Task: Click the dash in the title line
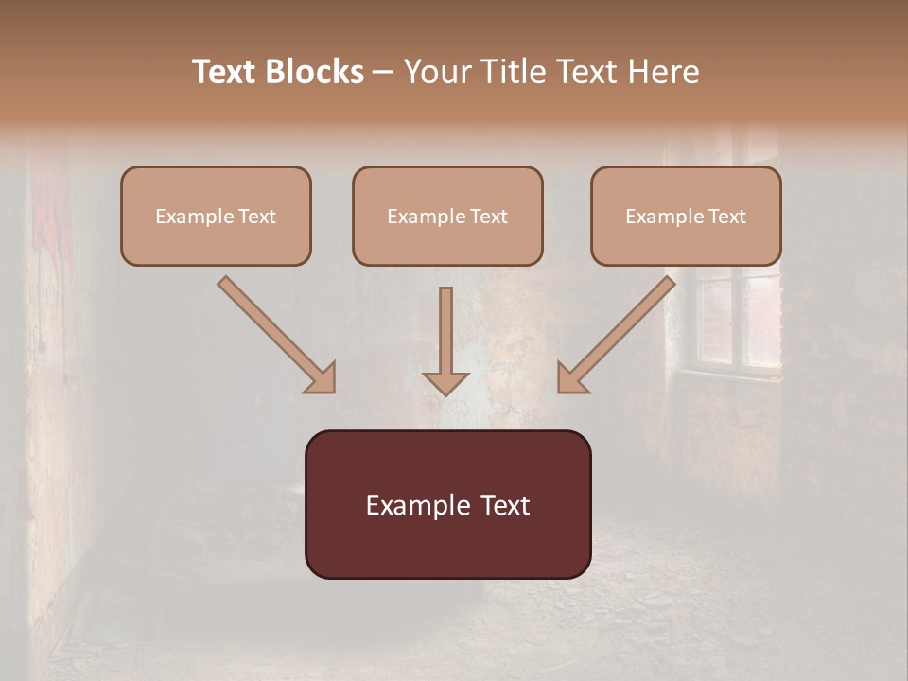383,73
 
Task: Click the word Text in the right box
726,217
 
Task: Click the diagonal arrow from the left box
274,333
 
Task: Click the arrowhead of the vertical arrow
445,383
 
